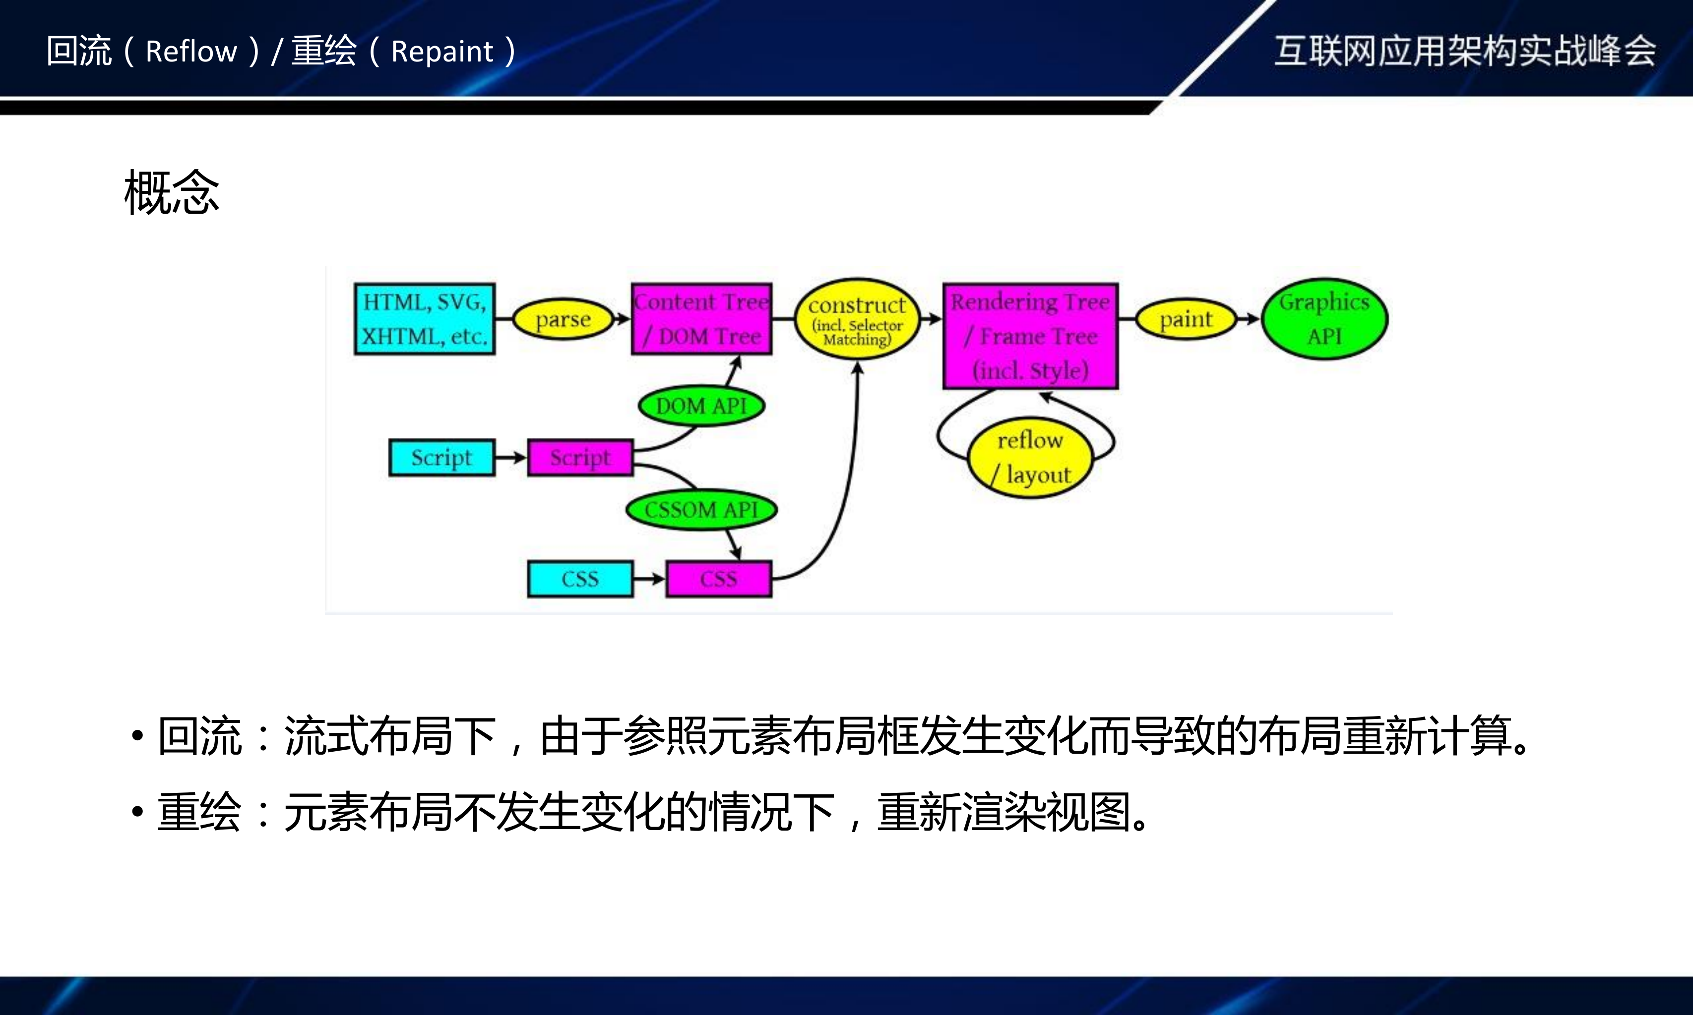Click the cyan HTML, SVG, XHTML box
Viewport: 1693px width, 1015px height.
tap(424, 319)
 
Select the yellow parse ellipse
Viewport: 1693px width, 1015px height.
tap(563, 319)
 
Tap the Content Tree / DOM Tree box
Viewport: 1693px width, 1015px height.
tap(701, 319)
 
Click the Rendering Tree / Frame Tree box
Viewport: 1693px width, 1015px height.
tap(1030, 336)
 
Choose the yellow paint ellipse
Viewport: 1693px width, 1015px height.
tap(1186, 319)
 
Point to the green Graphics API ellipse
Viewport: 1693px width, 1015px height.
tap(1324, 319)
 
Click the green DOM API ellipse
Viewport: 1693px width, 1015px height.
tap(701, 406)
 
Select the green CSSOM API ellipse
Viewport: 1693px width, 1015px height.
tap(701, 510)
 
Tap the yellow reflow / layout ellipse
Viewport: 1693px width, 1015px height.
tap(1030, 457)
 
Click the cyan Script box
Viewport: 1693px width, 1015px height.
tap(441, 457)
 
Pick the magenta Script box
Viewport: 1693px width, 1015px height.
tap(580, 457)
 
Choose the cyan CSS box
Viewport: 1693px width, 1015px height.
tap(580, 579)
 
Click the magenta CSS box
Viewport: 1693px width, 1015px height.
tap(718, 579)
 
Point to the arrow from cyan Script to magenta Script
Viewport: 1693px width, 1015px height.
tap(510, 457)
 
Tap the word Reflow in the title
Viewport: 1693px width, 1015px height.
tap(191, 51)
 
